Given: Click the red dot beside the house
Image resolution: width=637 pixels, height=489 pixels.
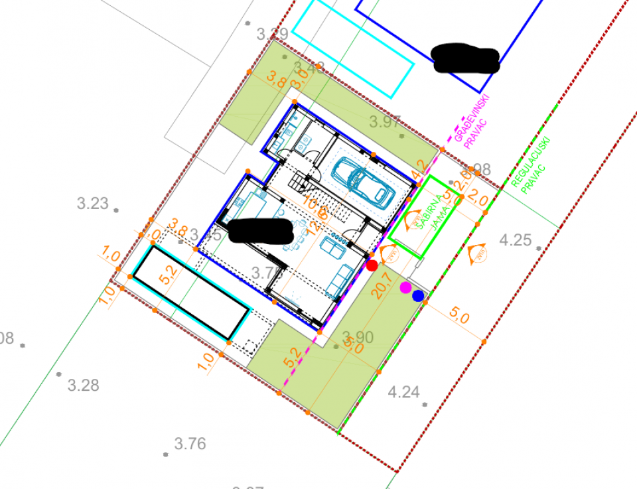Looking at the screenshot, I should coord(372,265).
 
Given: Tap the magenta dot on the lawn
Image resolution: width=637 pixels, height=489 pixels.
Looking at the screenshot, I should coord(405,287).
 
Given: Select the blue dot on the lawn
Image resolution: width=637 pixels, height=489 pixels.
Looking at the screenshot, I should coord(418,296).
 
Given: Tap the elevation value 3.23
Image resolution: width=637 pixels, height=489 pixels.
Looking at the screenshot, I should coord(92,204).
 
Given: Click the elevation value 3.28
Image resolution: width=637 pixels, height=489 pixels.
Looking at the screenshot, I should coord(84,385).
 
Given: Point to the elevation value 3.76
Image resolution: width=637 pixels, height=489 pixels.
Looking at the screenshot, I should coord(190,444).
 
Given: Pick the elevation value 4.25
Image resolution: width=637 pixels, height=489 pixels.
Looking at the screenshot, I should coord(516,240).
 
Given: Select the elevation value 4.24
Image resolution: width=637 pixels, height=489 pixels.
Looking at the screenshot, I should coord(403,392).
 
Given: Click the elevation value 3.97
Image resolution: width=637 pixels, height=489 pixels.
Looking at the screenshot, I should coord(386,122).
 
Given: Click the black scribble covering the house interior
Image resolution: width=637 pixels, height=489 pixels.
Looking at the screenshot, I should coord(260,230).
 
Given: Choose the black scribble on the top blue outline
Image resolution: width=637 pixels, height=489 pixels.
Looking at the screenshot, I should coord(465,58).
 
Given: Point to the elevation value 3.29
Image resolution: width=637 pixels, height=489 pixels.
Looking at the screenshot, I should coord(272,34).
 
